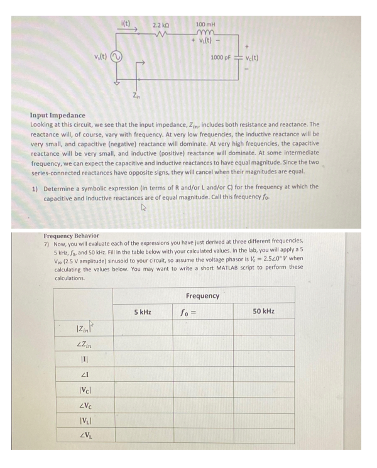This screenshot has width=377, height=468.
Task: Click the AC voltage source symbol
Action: [116, 60]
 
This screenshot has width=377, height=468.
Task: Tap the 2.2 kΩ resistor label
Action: [160, 24]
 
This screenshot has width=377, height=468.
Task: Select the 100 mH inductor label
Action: [206, 24]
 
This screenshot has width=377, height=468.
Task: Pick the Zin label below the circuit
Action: [136, 95]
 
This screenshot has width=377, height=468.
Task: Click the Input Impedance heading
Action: [58, 116]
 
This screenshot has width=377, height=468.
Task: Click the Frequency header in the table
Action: [203, 295]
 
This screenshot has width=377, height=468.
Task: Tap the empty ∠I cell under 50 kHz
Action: [263, 375]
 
